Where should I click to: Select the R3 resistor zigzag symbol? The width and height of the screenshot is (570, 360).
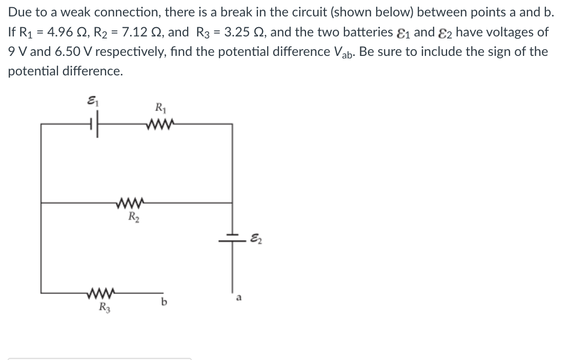coord(101,292)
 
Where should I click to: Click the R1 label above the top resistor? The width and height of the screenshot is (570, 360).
coord(160,108)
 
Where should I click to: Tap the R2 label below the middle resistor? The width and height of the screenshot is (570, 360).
coord(133,217)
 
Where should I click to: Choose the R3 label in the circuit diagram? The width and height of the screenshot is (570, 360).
coord(105,307)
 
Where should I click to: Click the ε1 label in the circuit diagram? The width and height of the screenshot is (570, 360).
coord(93,101)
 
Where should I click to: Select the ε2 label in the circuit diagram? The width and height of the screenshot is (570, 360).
coord(256,239)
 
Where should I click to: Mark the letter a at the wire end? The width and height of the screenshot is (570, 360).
coord(239,298)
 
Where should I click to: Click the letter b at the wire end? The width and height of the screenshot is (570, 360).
coord(164,302)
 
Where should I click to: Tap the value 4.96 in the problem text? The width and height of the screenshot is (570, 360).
coord(60,32)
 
